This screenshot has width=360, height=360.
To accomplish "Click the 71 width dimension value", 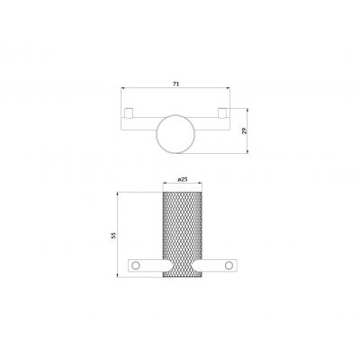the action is click(176, 85).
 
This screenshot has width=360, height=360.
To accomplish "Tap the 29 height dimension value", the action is click(244, 130).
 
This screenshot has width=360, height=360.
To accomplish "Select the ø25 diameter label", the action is click(183, 179).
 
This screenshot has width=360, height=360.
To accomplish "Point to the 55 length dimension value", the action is click(113, 235).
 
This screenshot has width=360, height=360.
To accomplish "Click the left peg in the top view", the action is click(129, 112).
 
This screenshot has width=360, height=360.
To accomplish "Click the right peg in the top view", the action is click(222, 112).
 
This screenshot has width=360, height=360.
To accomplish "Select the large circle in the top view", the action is click(176, 134).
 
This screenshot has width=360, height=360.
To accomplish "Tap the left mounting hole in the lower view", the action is click(136, 265).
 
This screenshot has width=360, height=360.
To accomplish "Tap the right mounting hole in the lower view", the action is click(229, 265).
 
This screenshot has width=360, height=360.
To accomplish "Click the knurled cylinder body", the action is click(182, 235).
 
